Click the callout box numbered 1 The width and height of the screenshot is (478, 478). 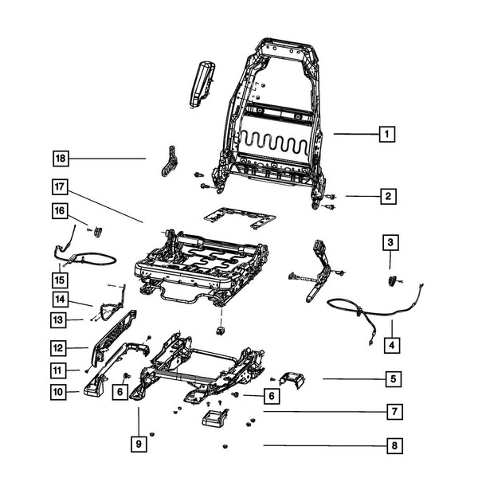pos(386,135)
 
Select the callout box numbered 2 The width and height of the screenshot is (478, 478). pos(386,196)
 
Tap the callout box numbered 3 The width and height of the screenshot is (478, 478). pos(390,242)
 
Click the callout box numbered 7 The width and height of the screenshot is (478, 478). pos(393,412)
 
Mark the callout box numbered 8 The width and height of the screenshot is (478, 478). pos(393,446)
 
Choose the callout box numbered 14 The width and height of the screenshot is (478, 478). pos(61,300)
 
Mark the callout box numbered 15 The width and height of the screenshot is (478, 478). pos(61,281)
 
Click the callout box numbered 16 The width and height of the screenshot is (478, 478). pos(61,211)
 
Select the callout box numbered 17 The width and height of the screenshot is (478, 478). pos(61,188)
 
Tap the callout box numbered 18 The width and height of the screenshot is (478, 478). pos(61,159)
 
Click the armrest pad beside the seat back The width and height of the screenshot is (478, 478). pos(201,84)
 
